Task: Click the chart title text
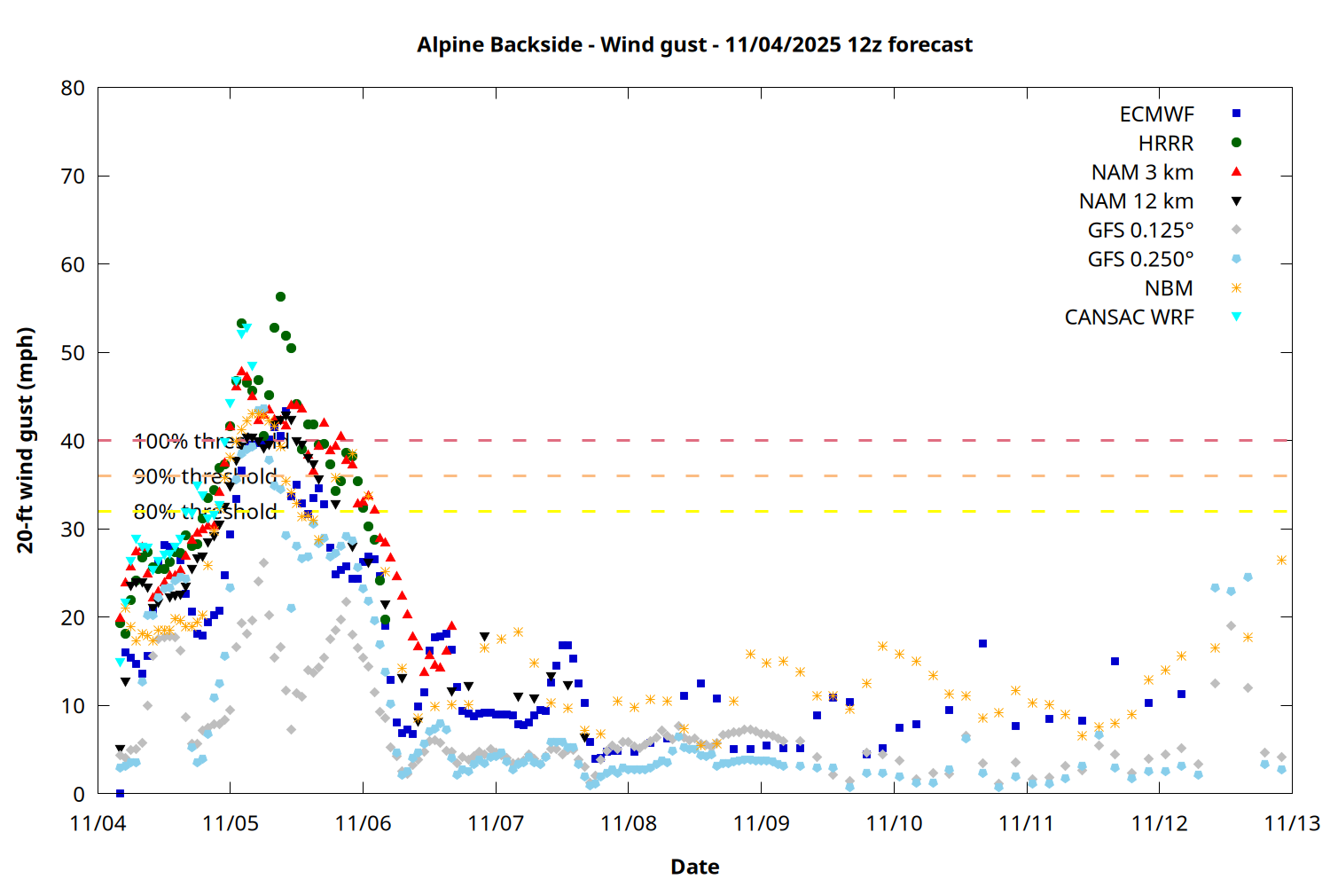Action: [694, 44]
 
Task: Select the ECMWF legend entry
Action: [1156, 114]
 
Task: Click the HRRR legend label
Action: [1165, 144]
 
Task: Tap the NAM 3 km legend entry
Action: [1142, 172]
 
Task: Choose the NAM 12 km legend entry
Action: [1136, 201]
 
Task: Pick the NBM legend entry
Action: [1169, 288]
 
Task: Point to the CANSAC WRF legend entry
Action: [1129, 318]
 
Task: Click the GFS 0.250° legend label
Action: [1140, 259]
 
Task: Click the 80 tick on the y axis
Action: [74, 88]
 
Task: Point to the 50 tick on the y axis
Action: [74, 352]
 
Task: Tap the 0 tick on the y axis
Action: [79, 794]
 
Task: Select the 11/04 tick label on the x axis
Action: [98, 823]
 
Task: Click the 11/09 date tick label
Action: [761, 823]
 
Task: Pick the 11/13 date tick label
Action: [1291, 823]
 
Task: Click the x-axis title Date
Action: [694, 867]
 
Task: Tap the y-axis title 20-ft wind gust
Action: [26, 440]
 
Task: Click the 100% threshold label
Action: [211, 441]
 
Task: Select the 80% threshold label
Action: [205, 512]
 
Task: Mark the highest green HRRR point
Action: [280, 297]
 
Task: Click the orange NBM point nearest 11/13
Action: [1281, 560]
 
